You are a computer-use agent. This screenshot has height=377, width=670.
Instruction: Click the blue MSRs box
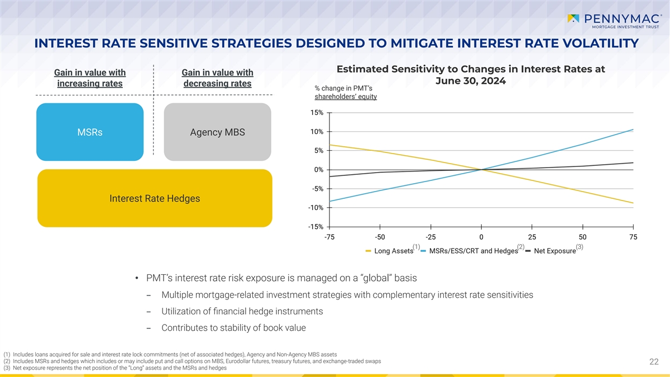point(90,132)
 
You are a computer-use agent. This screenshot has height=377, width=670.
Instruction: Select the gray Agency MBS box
point(217,132)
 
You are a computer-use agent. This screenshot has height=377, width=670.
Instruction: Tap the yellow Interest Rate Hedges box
point(154,198)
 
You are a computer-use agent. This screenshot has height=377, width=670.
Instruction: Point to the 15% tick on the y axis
point(315,113)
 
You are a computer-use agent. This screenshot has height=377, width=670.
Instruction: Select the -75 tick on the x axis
point(329,237)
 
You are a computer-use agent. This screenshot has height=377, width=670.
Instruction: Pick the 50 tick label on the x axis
point(582,237)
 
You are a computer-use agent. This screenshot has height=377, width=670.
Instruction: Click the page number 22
point(654,362)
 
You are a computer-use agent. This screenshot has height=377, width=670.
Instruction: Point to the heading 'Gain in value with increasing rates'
point(89,78)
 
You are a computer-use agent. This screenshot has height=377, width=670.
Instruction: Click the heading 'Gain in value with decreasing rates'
point(217,78)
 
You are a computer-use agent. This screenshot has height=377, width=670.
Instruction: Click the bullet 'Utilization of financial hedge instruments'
point(242,311)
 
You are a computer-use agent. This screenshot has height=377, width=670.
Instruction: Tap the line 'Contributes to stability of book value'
point(233,328)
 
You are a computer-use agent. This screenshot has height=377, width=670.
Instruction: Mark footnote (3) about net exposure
point(115,368)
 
